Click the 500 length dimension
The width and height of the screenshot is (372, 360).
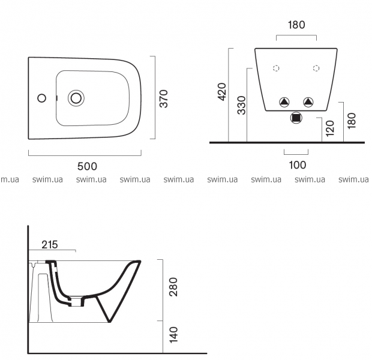coord(87,166)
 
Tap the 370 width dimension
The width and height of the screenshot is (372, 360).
coord(163,98)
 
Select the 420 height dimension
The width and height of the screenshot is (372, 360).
coord(222,92)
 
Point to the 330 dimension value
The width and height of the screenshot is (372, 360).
coord(242,105)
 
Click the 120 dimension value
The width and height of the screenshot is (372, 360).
coord(330,128)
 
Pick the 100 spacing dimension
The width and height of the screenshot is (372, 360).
coord(298,165)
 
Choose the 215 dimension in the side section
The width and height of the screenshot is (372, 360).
coord(50,244)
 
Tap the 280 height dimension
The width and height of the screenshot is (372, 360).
coord(173,287)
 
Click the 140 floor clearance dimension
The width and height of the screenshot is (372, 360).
coord(173,335)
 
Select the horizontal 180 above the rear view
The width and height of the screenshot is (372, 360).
coord(296,25)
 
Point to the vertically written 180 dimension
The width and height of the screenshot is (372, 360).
coord(352,121)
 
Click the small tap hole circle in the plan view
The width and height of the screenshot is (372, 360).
coord(42,98)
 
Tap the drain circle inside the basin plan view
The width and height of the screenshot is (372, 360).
coord(76,98)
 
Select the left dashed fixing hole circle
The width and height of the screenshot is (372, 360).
coord(276,68)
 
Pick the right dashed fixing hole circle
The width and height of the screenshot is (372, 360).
coord(316,68)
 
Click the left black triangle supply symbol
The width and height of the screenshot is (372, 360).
coord(284,102)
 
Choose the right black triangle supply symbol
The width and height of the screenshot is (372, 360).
coord(308,102)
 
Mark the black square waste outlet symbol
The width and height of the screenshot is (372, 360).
coord(296,118)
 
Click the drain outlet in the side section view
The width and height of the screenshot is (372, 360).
coord(76,301)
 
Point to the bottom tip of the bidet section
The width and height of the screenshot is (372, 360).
coord(110,322)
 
